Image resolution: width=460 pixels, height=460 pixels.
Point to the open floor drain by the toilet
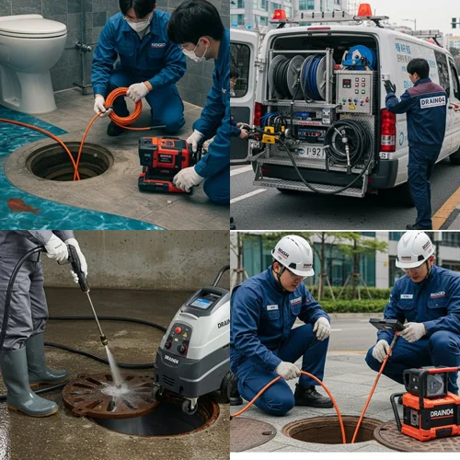69,161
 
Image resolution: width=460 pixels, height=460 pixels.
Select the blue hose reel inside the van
359,58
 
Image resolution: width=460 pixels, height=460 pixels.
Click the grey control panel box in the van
354,92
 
